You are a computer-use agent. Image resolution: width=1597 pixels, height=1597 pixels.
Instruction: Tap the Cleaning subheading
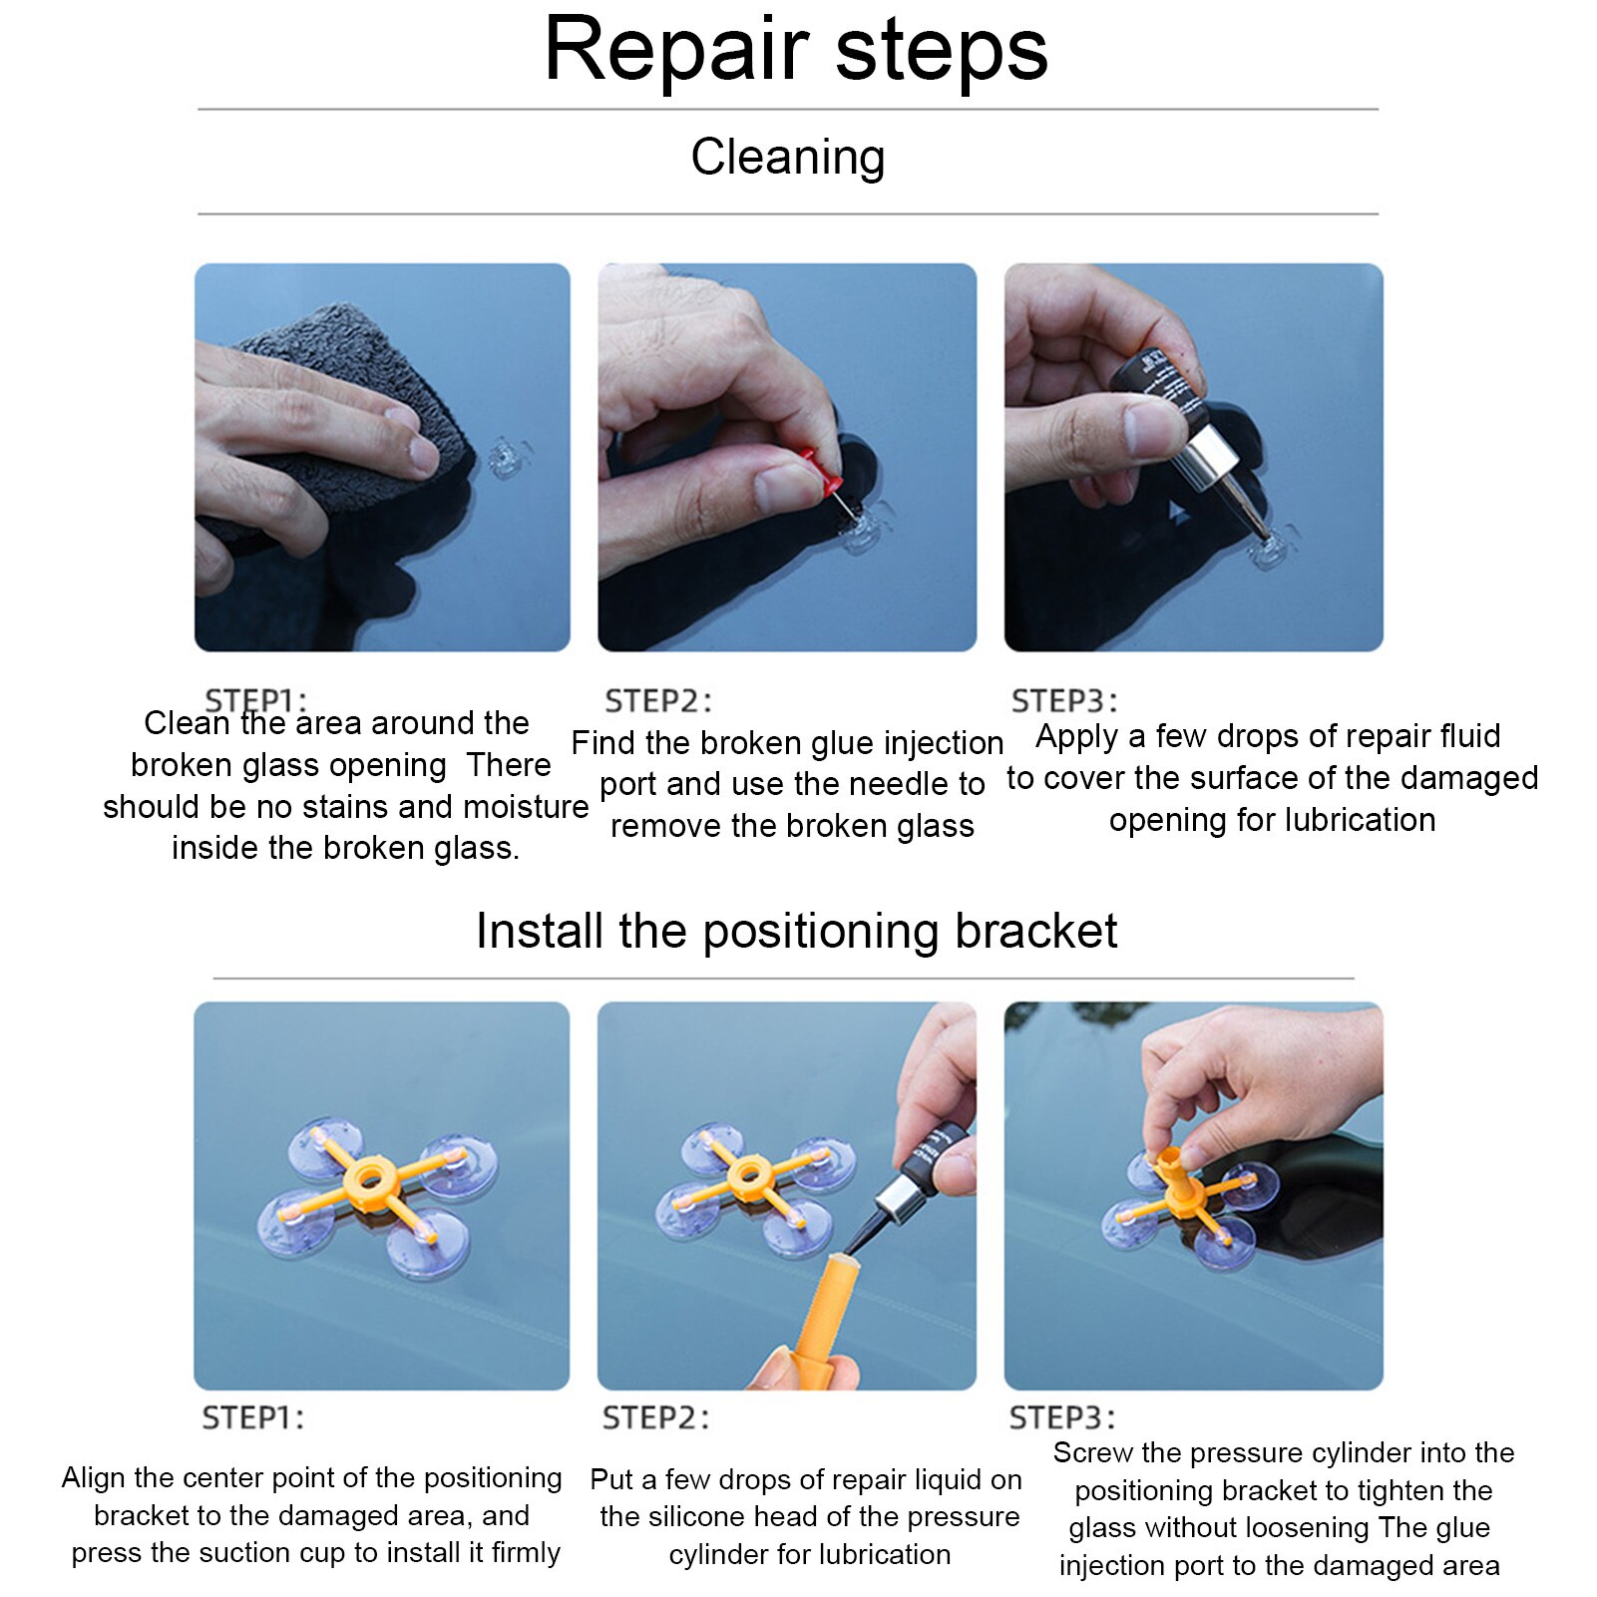[787, 158]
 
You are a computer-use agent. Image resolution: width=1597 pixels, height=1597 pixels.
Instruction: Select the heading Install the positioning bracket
[795, 931]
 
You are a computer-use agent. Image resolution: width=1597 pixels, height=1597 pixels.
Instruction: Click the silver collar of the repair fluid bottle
[1211, 455]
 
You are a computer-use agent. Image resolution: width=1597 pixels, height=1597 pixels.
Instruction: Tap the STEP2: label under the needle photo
[658, 701]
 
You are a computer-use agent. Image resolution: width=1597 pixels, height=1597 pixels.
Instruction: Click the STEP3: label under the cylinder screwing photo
[1062, 1417]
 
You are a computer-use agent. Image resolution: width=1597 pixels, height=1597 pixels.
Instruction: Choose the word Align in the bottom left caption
[94, 1477]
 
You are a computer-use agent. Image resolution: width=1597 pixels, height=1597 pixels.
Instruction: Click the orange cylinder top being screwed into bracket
[1166, 1162]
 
